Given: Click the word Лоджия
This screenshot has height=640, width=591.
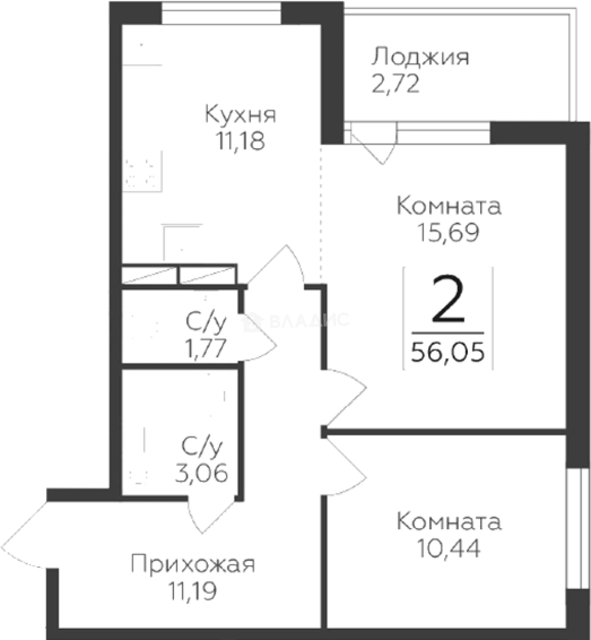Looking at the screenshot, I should point(420,59).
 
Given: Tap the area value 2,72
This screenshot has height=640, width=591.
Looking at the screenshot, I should point(396,85).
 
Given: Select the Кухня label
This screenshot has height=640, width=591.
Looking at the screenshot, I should point(240,115).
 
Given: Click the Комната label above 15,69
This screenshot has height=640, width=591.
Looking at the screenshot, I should point(449,207).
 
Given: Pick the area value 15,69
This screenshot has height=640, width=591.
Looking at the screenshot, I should point(449,233).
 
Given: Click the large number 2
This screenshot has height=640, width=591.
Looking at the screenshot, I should point(448,300).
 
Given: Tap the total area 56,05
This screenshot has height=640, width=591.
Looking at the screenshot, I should point(448,353).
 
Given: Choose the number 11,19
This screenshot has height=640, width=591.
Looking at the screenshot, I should point(193,591).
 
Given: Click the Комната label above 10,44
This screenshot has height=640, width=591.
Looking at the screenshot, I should point(449,523).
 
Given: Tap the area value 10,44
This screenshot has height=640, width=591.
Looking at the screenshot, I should point(449,548).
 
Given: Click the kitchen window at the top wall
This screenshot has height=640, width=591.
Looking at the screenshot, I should point(221,13).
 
